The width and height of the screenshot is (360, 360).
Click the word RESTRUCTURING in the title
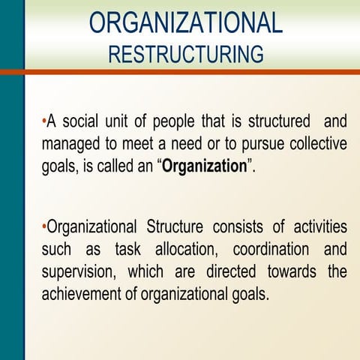[186, 54]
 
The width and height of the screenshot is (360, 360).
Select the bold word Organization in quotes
[205, 166]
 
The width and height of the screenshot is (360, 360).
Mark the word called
[119, 166]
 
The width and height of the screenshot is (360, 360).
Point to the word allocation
[184, 249]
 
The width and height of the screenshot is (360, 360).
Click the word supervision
[79, 271]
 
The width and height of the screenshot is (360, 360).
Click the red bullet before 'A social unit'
[44, 120]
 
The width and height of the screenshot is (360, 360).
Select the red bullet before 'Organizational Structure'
[44, 225]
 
